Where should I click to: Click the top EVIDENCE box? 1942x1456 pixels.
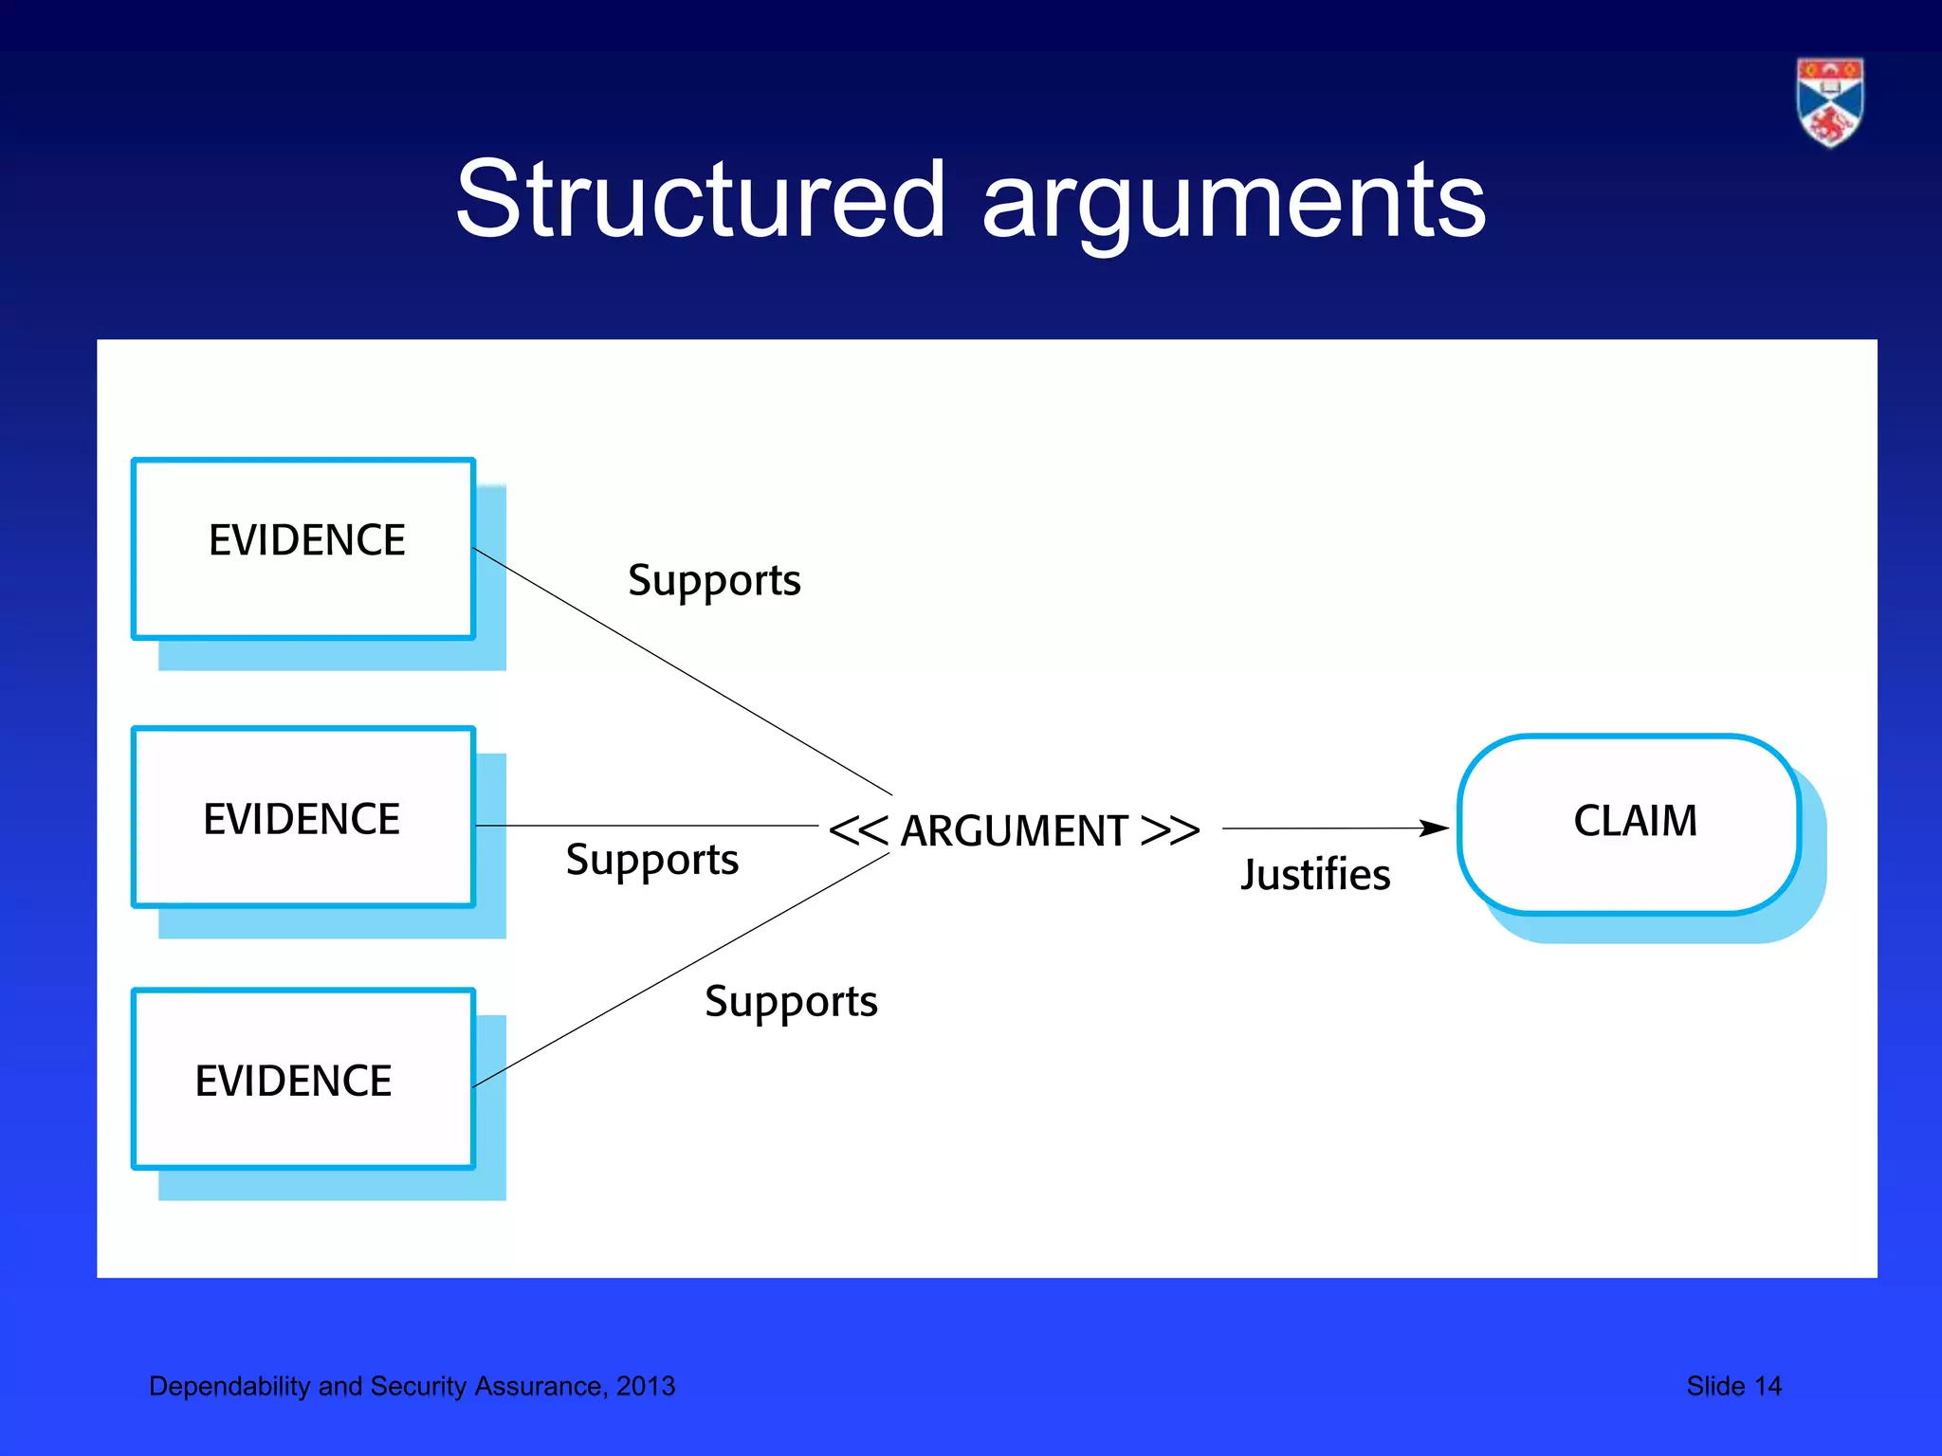[303, 548]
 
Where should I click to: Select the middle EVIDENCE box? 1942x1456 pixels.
[303, 817]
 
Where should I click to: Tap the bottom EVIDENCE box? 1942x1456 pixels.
[303, 1079]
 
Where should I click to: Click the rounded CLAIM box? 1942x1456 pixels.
[1629, 824]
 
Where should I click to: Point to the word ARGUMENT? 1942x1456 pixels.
[1014, 831]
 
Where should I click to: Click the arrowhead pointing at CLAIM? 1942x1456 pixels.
[1436, 828]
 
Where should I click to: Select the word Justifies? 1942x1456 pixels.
[1315, 874]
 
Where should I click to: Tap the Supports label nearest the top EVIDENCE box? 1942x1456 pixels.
[714, 580]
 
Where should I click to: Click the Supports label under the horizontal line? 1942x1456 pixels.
[652, 860]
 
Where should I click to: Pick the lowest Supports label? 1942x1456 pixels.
[791, 1002]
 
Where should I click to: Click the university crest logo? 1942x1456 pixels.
[1829, 102]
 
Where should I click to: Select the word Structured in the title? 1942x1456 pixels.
[700, 200]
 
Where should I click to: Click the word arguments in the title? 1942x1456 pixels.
[1234, 202]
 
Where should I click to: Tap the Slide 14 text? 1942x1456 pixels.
[1733, 1386]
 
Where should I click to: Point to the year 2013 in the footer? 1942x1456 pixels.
[646, 1386]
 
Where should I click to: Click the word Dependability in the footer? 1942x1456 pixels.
[229, 1386]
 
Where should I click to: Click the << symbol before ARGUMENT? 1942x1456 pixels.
[858, 830]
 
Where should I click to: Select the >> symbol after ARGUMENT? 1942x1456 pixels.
[1170, 830]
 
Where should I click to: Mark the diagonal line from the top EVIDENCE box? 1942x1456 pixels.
[683, 671]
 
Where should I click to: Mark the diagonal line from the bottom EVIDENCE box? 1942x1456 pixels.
[681, 970]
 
